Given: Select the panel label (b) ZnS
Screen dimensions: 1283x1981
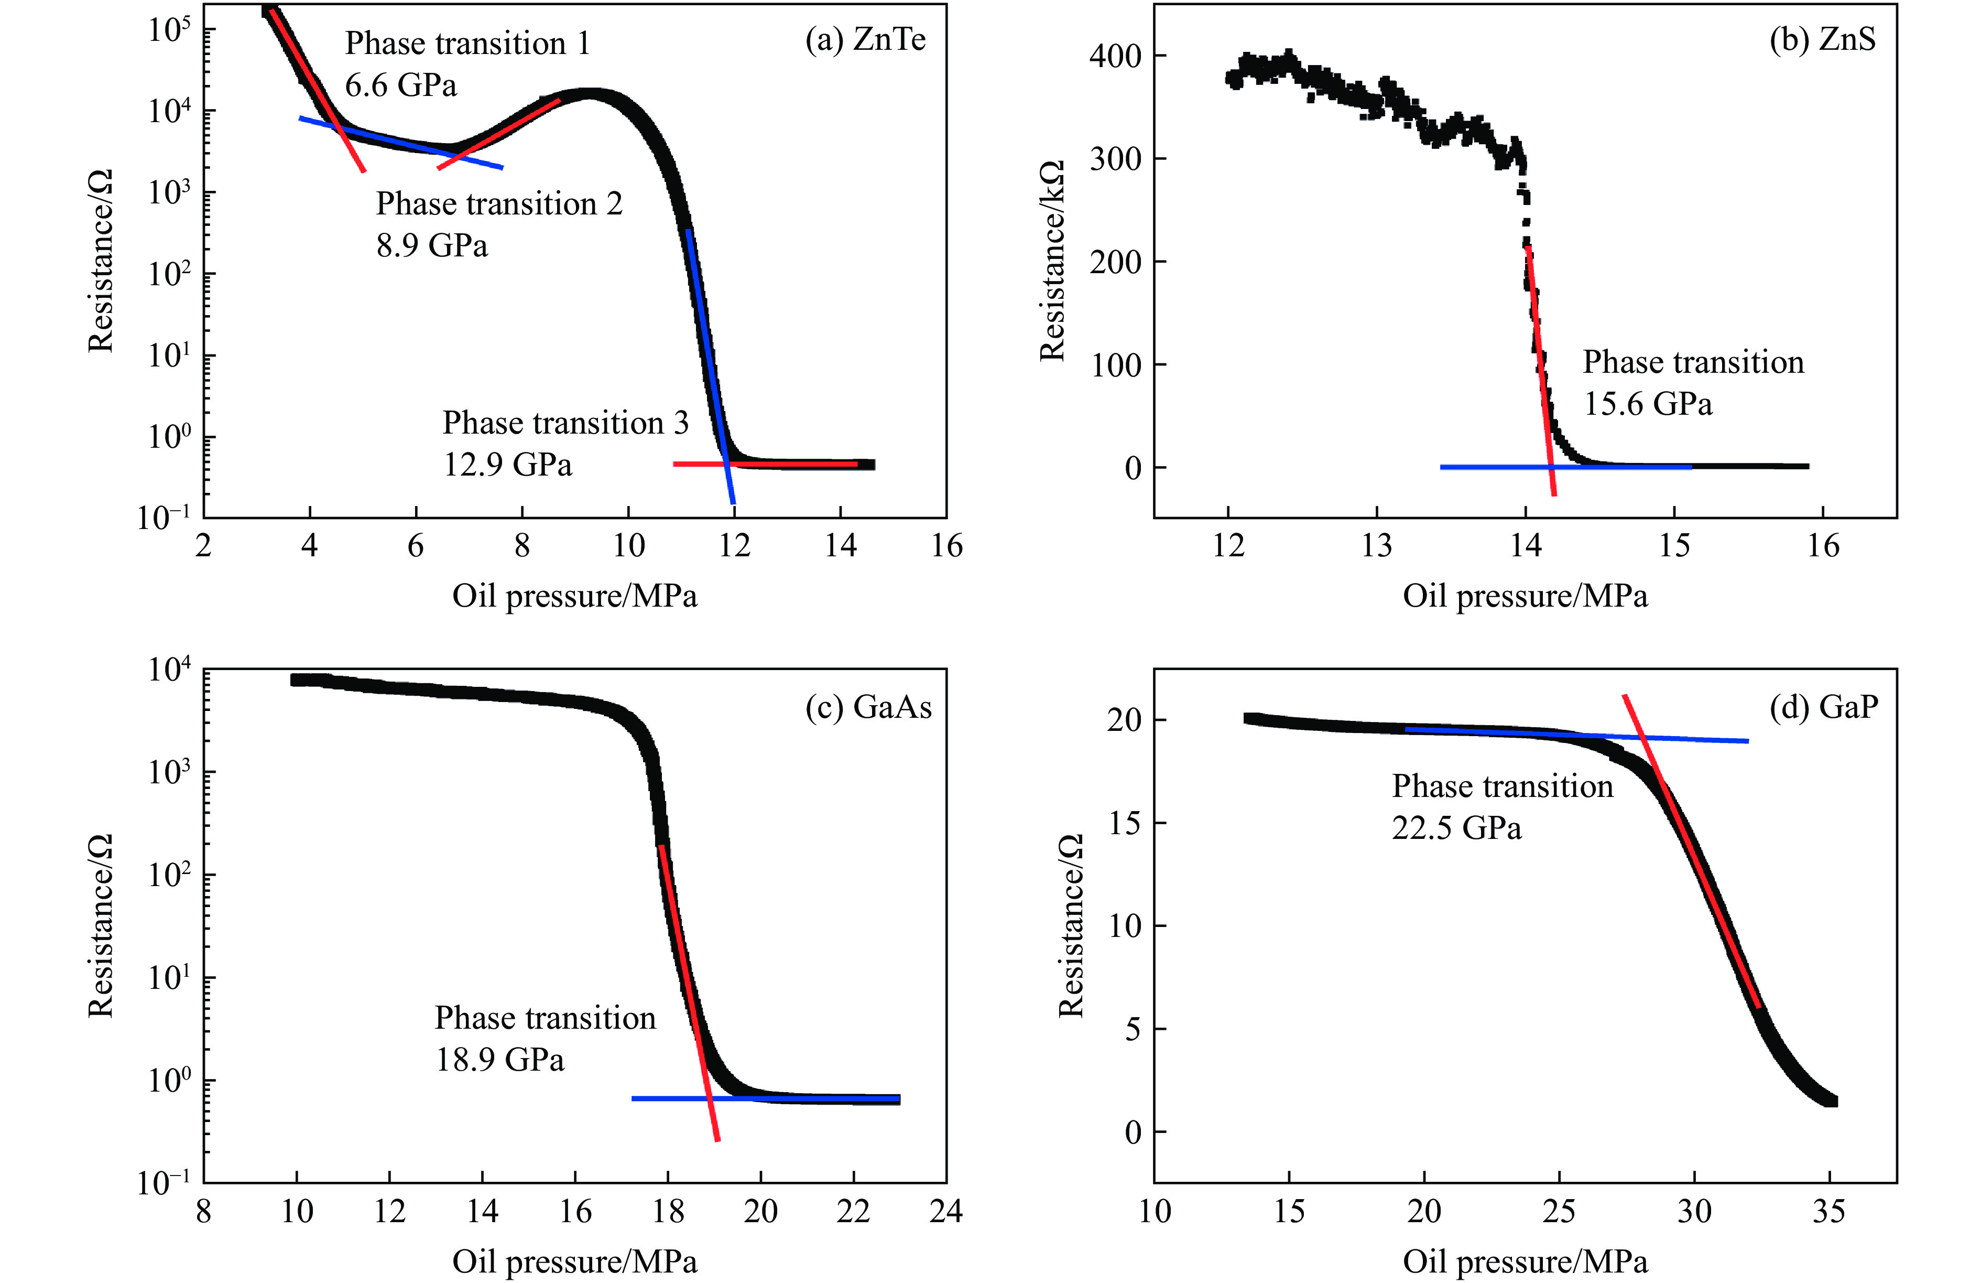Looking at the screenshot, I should click(1822, 40).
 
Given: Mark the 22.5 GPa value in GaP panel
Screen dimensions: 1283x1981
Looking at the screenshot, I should click(1456, 828).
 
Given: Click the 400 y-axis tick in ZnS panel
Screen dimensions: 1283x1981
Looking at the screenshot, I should click(1115, 57).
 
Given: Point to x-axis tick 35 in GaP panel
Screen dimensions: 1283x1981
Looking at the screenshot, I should click(1828, 1211).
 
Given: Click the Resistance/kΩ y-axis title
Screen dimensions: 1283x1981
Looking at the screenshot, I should click(1053, 261).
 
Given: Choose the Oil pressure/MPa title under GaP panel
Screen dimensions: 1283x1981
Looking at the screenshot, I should click(1525, 1262).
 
